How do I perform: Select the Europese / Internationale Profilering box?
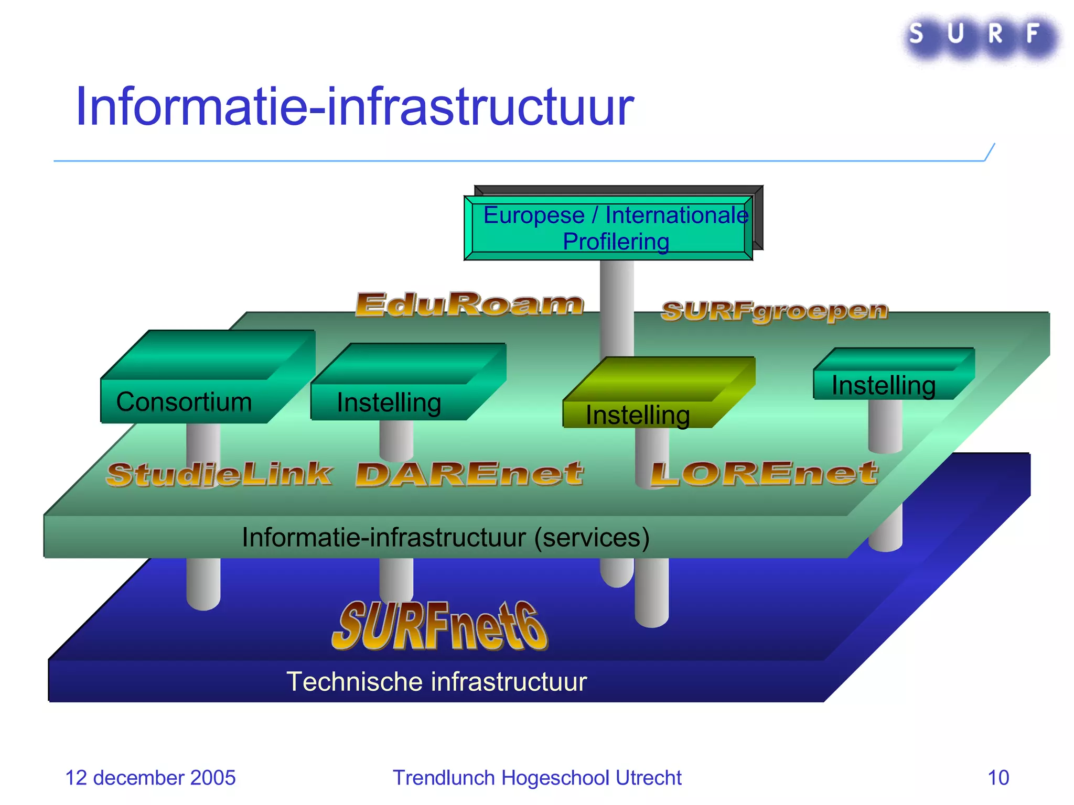608,229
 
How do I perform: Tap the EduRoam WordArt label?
469,304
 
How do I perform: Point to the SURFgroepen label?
774,311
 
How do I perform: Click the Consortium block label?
184,402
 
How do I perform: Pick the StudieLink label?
219,475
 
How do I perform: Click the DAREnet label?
469,474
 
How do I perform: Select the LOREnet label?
764,474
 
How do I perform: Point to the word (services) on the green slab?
592,538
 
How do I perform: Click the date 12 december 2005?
150,778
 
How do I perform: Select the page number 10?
998,778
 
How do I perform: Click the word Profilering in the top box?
616,242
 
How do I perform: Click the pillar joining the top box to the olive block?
617,309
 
